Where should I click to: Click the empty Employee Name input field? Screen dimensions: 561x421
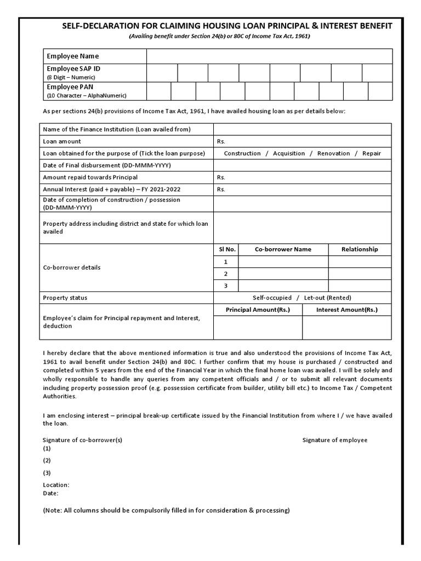pyautogui.click(x=269, y=56)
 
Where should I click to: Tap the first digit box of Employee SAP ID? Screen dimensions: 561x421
pyautogui.click(x=162, y=73)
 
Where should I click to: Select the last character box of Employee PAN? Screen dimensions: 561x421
pyautogui.click(x=380, y=91)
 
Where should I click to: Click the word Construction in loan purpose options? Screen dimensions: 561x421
pyautogui.click(x=242, y=153)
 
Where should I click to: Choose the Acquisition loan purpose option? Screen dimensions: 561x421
pyautogui.click(x=289, y=153)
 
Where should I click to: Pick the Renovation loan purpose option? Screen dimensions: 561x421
pyautogui.click(x=332, y=153)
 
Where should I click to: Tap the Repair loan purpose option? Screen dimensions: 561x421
pyautogui.click(x=371, y=153)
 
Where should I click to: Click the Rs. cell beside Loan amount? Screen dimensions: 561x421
pyautogui.click(x=302, y=141)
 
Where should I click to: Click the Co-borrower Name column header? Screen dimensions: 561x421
pyautogui.click(x=283, y=249)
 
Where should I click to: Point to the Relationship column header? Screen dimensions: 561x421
pyautogui.click(x=360, y=249)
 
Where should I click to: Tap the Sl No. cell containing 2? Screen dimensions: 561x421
pyautogui.click(x=225, y=274)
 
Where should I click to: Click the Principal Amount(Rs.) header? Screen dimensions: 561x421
pyautogui.click(x=258, y=310)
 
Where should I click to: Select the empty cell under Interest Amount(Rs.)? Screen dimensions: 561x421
pyautogui.click(x=346, y=328)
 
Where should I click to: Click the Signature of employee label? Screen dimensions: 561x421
pyautogui.click(x=335, y=440)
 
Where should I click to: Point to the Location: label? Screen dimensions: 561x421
pyautogui.click(x=56, y=485)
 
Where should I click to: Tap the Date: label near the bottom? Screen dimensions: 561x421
pyautogui.click(x=50, y=493)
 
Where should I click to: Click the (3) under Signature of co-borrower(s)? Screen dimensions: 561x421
pyautogui.click(x=47, y=473)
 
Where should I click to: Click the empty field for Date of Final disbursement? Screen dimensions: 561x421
pyautogui.click(x=302, y=165)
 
